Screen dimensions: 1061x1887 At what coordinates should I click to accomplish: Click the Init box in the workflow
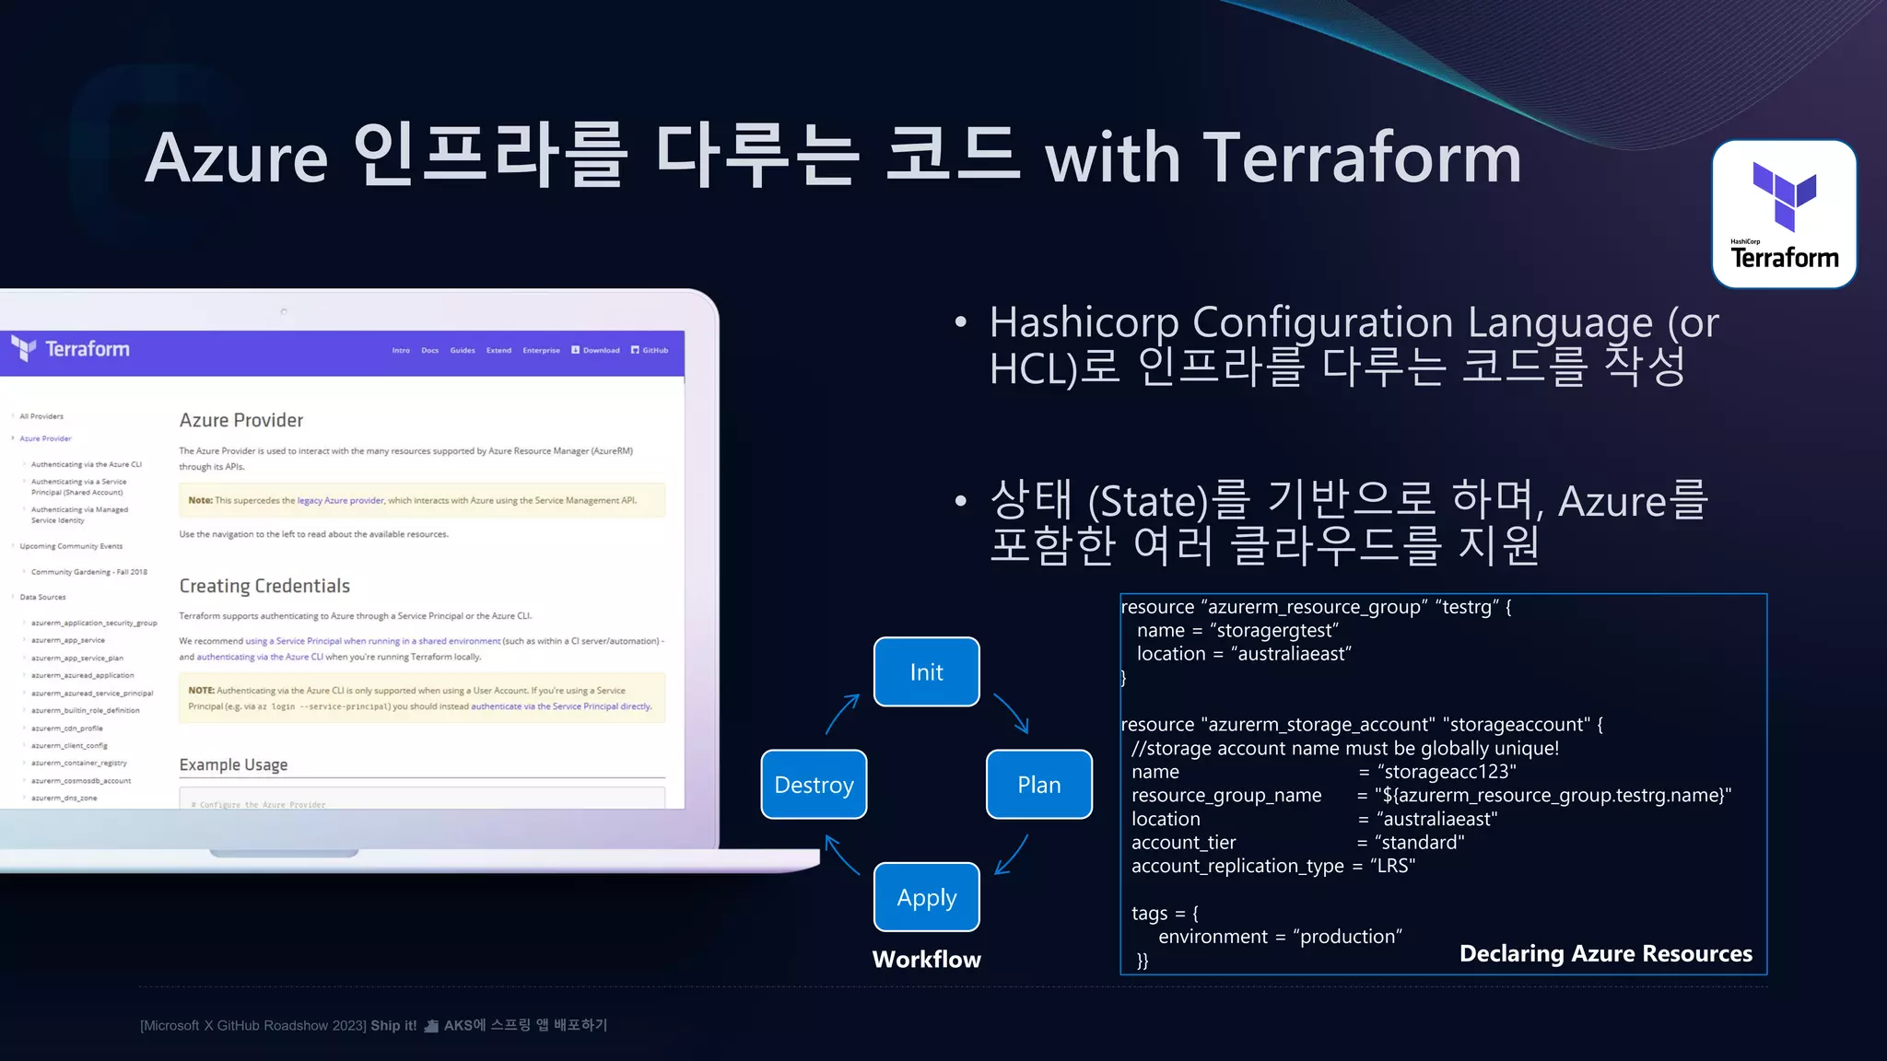926,672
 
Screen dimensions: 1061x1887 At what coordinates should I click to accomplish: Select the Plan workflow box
1038,785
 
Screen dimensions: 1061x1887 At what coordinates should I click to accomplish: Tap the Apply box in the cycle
926,897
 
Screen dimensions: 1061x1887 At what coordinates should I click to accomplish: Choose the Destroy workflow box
814,785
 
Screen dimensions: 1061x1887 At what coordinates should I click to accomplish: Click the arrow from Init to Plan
1011,713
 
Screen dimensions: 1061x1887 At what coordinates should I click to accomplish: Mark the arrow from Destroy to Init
842,714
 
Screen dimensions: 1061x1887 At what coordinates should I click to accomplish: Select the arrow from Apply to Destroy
841,854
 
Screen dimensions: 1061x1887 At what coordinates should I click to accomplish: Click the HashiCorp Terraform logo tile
1784,214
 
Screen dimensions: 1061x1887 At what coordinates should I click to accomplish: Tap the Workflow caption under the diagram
926,960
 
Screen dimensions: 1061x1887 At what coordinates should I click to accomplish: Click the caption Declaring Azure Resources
1605,953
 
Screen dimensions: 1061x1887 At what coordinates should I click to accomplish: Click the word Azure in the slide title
237,158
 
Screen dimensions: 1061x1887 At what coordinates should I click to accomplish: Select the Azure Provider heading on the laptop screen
241,420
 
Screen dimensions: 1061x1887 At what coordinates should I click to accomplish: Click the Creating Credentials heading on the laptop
264,586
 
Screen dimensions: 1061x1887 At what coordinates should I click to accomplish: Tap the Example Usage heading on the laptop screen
233,764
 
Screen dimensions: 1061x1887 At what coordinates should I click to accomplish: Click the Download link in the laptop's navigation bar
596,350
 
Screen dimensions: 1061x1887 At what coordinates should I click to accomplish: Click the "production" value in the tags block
1347,937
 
